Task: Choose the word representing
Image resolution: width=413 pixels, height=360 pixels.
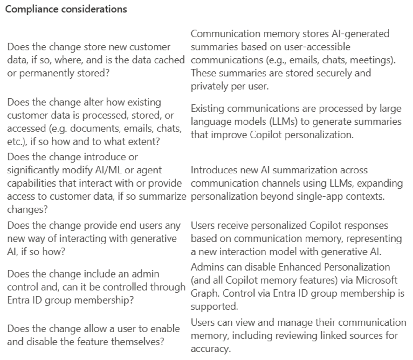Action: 374,238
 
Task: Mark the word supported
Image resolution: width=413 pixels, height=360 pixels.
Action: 214,306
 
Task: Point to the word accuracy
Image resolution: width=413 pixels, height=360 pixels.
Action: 210,349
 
